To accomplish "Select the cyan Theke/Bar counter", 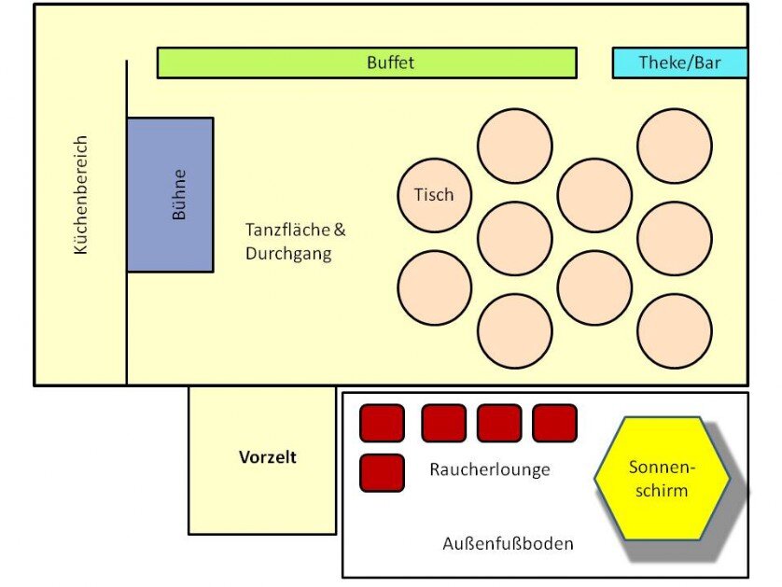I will [x=679, y=63].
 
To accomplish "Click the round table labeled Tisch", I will [x=434, y=195].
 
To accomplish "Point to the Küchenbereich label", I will [x=80, y=195].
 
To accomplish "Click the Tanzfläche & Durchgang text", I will [x=288, y=242].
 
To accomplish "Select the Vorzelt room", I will [x=262, y=459].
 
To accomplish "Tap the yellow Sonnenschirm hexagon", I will [x=663, y=479].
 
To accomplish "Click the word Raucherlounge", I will [x=489, y=469].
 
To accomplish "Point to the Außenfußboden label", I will [x=508, y=543].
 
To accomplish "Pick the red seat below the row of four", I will [x=382, y=472].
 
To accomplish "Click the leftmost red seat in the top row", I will [x=382, y=423].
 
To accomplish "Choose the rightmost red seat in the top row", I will [x=554, y=423].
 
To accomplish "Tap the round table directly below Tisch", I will [x=434, y=287].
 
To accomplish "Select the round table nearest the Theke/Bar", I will [x=675, y=146].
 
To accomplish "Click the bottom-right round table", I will [x=675, y=331].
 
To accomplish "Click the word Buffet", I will [x=390, y=63].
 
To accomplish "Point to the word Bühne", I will [x=179, y=194].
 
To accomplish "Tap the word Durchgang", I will [x=288, y=254].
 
